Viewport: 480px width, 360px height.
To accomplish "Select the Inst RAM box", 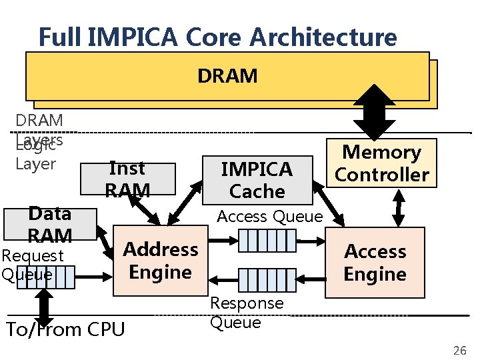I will click(127, 179).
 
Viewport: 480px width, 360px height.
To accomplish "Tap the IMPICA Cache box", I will click(257, 180).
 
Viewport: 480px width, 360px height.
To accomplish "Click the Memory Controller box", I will click(382, 163).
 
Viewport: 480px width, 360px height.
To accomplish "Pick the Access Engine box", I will click(375, 263).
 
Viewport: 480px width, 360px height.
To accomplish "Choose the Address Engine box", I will click(161, 261).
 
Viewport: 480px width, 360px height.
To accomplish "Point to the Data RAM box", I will click(50, 224).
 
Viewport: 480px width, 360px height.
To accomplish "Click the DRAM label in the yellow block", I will click(227, 76).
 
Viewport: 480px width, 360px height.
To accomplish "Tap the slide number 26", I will click(459, 351).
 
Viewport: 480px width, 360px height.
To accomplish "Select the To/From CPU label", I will click(65, 329).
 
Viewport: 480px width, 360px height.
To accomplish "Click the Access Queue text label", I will click(270, 216).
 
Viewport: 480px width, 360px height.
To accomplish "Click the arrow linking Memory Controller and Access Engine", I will click(399, 207).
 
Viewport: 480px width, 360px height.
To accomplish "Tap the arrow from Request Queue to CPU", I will click(45, 305).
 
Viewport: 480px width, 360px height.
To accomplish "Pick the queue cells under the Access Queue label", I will click(267, 240).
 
